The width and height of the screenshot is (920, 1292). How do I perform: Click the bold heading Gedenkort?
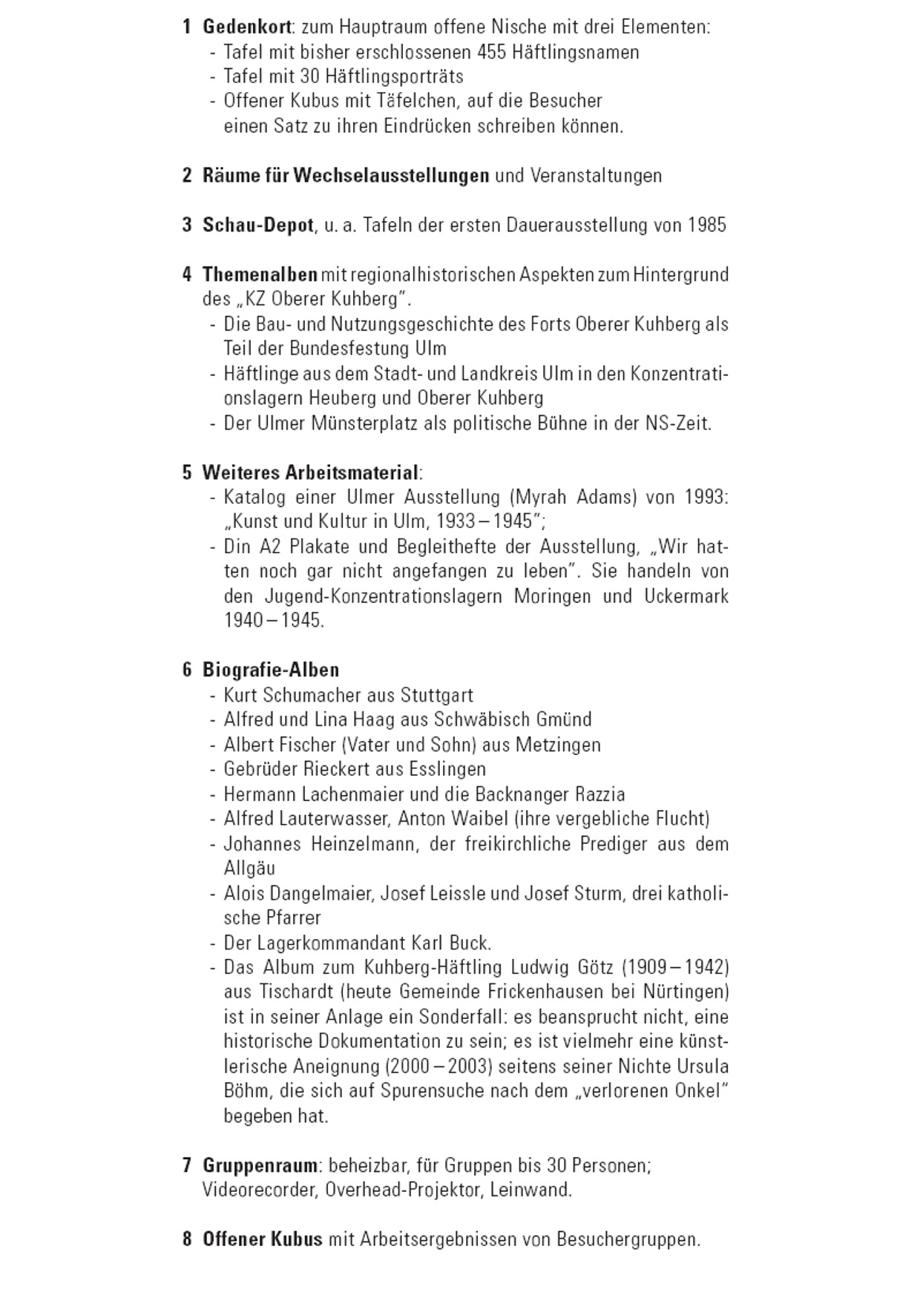click(246, 27)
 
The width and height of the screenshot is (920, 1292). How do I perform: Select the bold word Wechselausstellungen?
click(391, 176)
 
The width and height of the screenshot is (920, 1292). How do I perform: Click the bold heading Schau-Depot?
click(257, 225)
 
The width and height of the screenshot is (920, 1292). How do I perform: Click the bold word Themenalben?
click(260, 274)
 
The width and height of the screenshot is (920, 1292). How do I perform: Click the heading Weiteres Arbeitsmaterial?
click(310, 472)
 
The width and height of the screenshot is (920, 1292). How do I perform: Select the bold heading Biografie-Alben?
click(271, 670)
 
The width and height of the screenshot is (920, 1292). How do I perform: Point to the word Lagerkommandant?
click(331, 943)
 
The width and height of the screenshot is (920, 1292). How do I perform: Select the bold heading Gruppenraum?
click(260, 1165)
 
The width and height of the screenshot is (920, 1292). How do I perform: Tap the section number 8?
click(187, 1239)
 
